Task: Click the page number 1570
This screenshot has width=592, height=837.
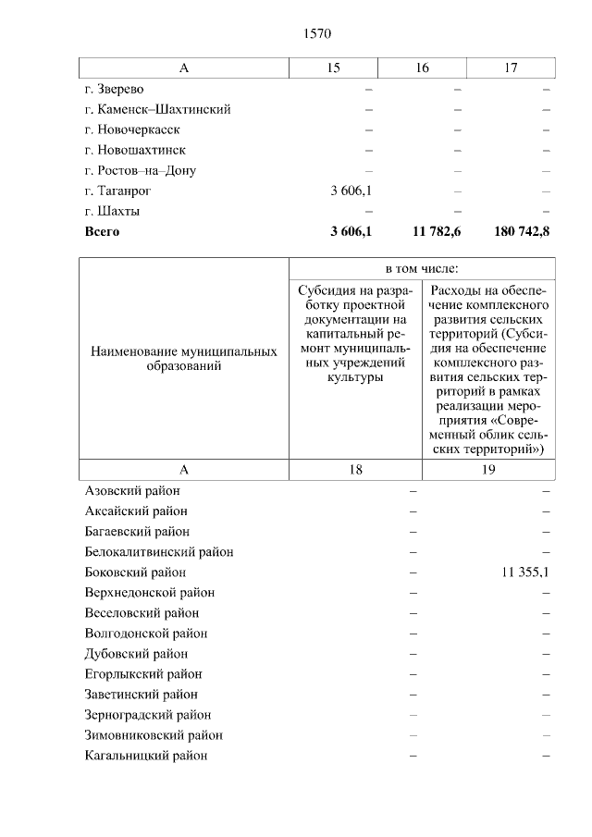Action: point(316,33)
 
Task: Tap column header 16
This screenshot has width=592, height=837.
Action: point(422,68)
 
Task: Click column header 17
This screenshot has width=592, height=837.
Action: point(511,68)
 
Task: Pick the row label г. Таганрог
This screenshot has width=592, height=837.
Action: point(117,191)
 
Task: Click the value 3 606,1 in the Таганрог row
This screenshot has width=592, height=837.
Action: point(351,191)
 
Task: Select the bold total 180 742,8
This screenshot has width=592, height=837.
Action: point(520,231)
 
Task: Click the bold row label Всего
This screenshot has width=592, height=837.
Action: point(102,231)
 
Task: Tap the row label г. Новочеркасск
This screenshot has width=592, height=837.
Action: point(132,129)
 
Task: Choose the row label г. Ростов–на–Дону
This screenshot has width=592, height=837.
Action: point(140,170)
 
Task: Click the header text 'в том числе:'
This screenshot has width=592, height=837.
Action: point(422,268)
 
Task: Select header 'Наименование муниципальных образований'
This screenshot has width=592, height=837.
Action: point(183,360)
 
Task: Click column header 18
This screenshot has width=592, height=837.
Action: point(355,470)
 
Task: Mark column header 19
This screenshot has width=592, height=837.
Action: point(488,470)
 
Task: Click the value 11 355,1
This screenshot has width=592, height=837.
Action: point(524,572)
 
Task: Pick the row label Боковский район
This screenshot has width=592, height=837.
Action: point(135,572)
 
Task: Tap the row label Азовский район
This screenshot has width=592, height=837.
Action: point(132,491)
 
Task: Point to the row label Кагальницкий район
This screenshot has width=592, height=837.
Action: point(145,756)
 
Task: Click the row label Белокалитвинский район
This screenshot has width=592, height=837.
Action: point(158,552)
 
